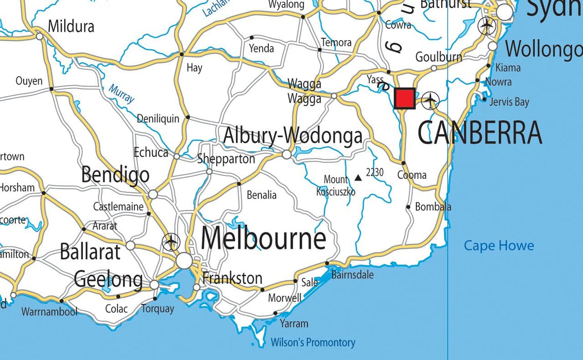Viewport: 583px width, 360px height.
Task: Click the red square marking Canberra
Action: pos(405,98)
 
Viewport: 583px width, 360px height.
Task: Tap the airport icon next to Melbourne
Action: pos(171,242)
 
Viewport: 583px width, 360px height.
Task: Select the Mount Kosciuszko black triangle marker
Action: pos(358,178)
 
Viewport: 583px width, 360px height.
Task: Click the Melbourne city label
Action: pos(263,239)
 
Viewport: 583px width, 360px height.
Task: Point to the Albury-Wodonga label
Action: pos(293,136)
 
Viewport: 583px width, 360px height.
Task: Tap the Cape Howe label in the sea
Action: pos(499,246)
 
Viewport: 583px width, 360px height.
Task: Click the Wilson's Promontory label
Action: pos(313,342)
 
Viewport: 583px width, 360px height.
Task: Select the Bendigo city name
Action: pos(115,175)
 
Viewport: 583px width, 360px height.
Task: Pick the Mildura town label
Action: pos(71,26)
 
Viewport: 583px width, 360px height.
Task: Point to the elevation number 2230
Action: pos(375,172)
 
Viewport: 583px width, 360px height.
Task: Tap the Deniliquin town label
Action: pos(158,119)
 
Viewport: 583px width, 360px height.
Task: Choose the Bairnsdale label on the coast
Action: pos(352,275)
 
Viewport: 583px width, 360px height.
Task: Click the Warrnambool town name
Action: pos(49,312)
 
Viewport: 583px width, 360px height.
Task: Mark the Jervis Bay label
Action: pos(509,102)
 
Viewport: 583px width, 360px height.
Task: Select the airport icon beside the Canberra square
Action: pos(430,100)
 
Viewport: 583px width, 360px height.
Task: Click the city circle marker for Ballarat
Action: pos(131,245)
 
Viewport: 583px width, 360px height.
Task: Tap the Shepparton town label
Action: pos(226,159)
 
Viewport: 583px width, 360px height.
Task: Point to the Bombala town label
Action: pos(433,207)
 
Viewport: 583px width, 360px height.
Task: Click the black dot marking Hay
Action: pos(181,54)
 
